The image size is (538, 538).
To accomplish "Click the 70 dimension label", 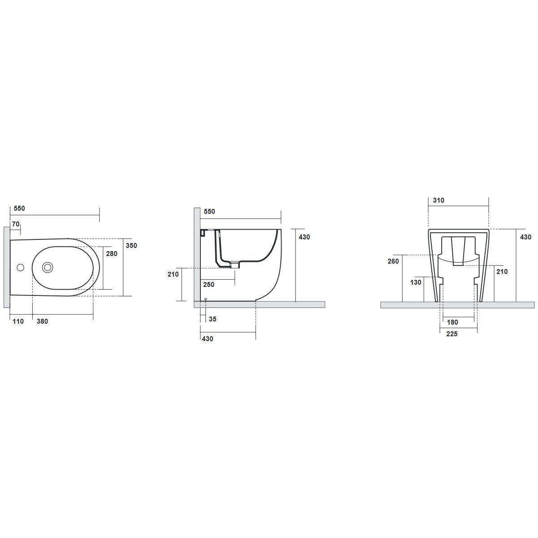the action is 16,224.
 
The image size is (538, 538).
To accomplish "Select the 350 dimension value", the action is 131,245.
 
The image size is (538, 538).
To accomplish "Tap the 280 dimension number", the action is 112,253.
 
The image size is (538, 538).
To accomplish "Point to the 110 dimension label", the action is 18,321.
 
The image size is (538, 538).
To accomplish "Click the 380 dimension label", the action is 43,321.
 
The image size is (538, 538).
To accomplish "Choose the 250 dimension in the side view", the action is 209,285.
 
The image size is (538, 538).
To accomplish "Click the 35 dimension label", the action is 213,319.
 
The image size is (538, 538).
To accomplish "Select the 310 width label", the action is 438,200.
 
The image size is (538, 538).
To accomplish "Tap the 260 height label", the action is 393,261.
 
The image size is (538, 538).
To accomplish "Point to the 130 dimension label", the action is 416,282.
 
